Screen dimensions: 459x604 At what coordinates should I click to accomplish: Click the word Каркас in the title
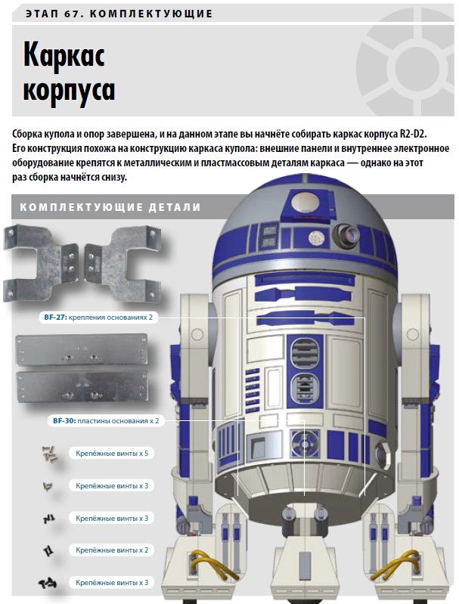pyautogui.click(x=64, y=57)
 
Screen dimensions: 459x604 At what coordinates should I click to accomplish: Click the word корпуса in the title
pyautogui.click(x=70, y=90)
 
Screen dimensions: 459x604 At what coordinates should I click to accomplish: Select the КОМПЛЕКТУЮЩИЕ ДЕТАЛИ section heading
pyautogui.click(x=110, y=207)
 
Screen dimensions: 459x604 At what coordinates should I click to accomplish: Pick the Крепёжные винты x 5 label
pyautogui.click(x=112, y=453)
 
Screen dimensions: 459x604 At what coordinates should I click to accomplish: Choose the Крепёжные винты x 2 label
pyautogui.click(x=112, y=550)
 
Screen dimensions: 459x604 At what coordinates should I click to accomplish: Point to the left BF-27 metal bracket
pyautogui.click(x=41, y=262)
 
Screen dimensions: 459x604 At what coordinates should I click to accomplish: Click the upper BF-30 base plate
pyautogui.click(x=82, y=350)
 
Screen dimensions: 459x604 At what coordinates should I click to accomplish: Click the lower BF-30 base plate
pyautogui.click(x=82, y=387)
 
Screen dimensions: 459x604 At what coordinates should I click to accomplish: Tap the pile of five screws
pyautogui.click(x=49, y=454)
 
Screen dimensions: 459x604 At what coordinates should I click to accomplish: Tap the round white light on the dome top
pyautogui.click(x=305, y=203)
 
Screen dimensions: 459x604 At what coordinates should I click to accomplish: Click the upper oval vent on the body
pyautogui.click(x=304, y=352)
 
